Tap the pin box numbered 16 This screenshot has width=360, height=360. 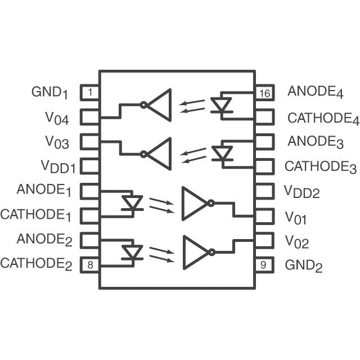264,92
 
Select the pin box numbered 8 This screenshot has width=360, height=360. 91,264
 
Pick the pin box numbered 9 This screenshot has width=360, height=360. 264,264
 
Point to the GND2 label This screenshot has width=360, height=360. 304,265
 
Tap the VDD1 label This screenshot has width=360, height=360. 58,166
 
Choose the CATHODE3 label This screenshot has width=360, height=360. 321,167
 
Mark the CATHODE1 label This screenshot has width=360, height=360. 36,215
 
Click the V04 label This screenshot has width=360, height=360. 57,118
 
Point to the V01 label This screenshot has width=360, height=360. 296,217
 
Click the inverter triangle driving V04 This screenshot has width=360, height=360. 160,105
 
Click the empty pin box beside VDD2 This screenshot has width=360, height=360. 264,191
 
